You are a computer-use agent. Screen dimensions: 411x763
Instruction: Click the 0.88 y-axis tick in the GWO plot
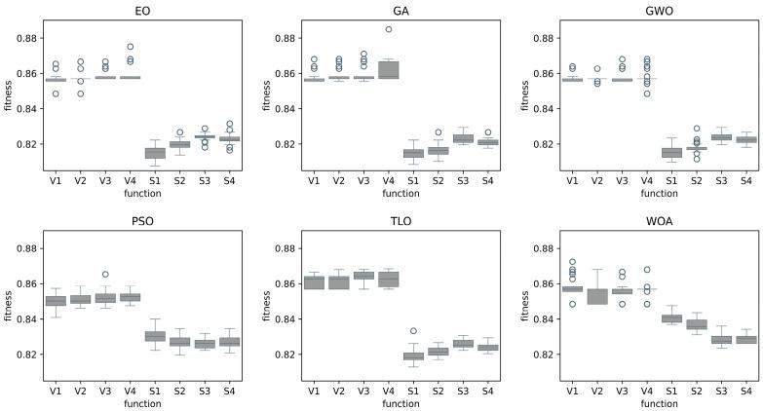545,38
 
